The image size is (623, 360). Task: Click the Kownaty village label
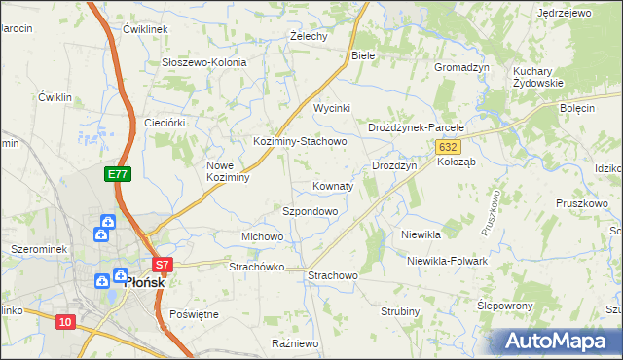332,185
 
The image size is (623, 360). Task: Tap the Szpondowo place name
310,210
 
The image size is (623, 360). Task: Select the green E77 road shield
117,174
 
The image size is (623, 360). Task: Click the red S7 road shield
163,264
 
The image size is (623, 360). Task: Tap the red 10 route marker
65,322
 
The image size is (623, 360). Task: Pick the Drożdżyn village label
394,165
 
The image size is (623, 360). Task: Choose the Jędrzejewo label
564,13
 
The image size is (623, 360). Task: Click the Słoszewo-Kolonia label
204,62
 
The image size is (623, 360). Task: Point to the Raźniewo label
295,343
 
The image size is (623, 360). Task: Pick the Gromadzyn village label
460,67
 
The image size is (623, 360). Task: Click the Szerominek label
38,249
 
